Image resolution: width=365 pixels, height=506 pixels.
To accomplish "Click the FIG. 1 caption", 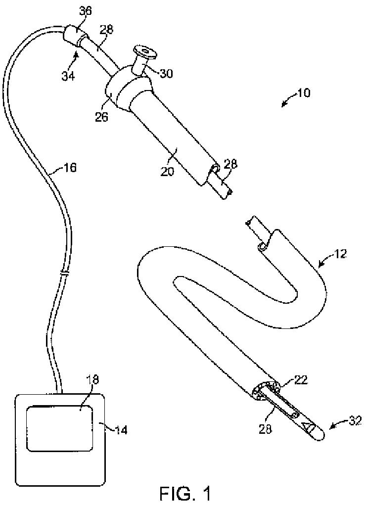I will pos(185,493).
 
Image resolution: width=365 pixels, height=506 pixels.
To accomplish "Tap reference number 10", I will pos(304,93).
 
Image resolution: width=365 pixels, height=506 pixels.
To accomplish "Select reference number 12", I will pos(340,255).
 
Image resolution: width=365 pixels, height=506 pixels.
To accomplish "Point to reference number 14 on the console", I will pos(121,429).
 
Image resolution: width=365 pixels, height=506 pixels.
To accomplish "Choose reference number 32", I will pos(355,421).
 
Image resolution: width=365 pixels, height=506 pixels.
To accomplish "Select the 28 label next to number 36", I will pos(106,30).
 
